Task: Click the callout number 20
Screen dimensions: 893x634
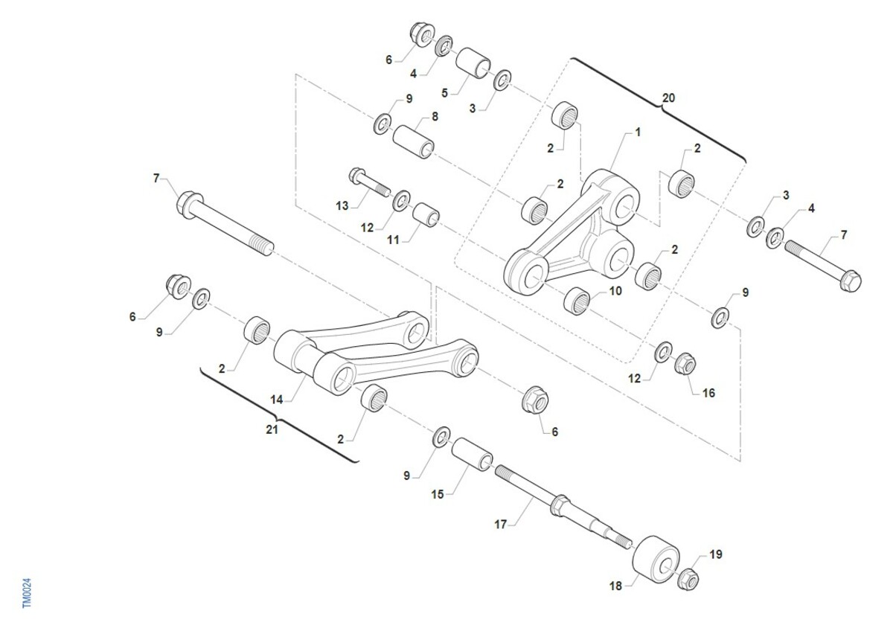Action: tap(668, 98)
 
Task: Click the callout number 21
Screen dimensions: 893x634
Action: tap(272, 430)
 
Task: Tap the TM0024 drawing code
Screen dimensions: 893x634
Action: tap(27, 593)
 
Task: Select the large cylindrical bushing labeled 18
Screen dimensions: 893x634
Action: tap(656, 560)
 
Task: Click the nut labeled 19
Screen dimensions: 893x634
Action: tap(688, 580)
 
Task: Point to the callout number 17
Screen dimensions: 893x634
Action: tap(500, 525)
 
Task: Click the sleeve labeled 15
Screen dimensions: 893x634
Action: tap(472, 454)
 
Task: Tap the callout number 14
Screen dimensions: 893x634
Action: tap(277, 400)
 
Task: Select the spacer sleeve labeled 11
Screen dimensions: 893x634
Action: tap(426, 215)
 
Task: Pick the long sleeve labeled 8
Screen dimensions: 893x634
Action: tap(414, 142)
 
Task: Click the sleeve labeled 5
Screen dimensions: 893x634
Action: tap(473, 63)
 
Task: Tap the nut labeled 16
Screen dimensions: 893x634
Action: tap(685, 364)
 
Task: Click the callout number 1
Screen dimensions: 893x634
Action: tap(638, 132)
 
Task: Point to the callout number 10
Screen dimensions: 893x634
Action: tap(615, 291)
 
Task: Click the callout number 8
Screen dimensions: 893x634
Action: tap(435, 116)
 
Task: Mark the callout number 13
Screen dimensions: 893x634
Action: tap(342, 205)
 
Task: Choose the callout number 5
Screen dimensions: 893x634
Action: tap(444, 93)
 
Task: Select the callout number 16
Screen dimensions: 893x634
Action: tap(708, 393)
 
